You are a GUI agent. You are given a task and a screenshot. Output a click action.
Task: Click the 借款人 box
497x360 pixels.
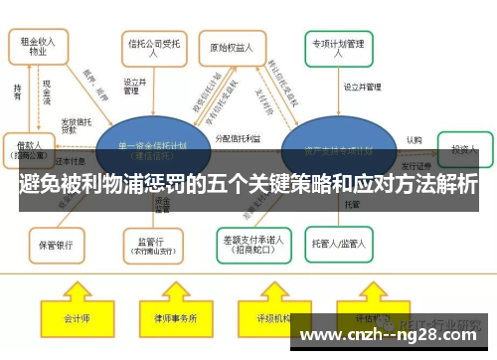click(x=28, y=148)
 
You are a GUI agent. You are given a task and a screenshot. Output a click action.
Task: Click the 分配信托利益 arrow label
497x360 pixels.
click(x=239, y=140)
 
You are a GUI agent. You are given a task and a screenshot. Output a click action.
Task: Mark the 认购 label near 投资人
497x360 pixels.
click(x=414, y=140)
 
